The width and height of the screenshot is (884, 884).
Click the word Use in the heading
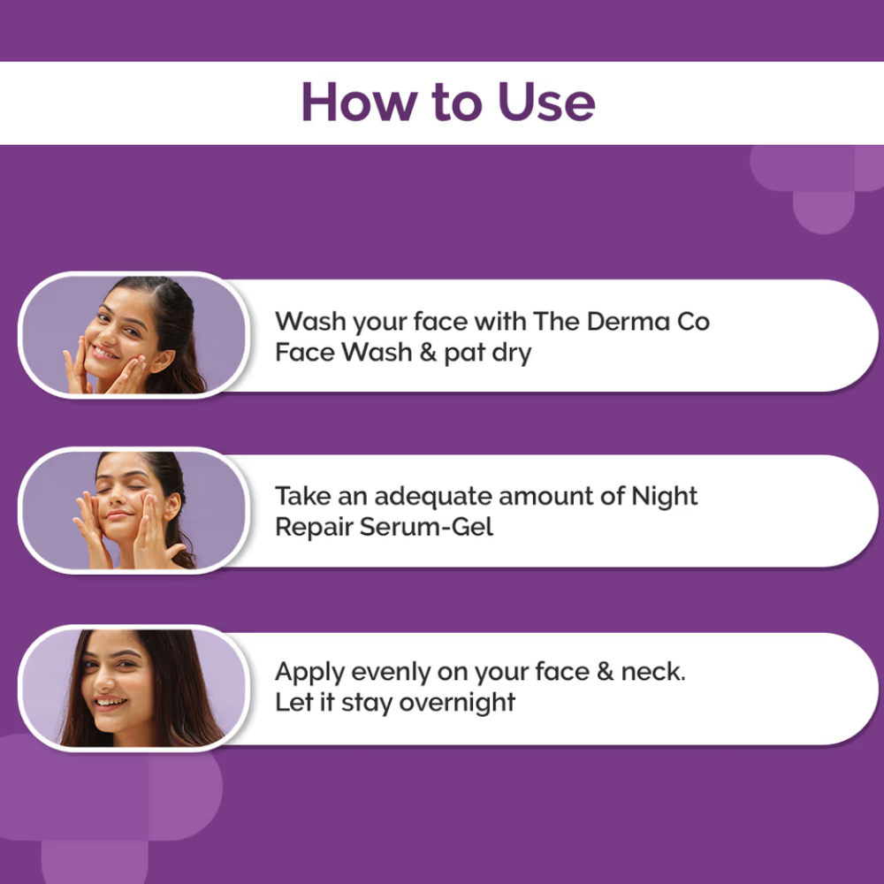546,102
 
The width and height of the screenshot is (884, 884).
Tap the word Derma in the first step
628,322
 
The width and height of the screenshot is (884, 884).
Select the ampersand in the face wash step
428,353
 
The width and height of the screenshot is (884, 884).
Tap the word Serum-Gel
426,527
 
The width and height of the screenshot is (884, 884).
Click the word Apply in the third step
310,673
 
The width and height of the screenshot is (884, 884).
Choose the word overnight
457,704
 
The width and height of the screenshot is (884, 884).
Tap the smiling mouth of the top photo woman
105,354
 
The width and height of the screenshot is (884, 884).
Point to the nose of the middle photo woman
116,499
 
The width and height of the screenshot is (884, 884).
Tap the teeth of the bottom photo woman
110,703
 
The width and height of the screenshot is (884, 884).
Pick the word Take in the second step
303,497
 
